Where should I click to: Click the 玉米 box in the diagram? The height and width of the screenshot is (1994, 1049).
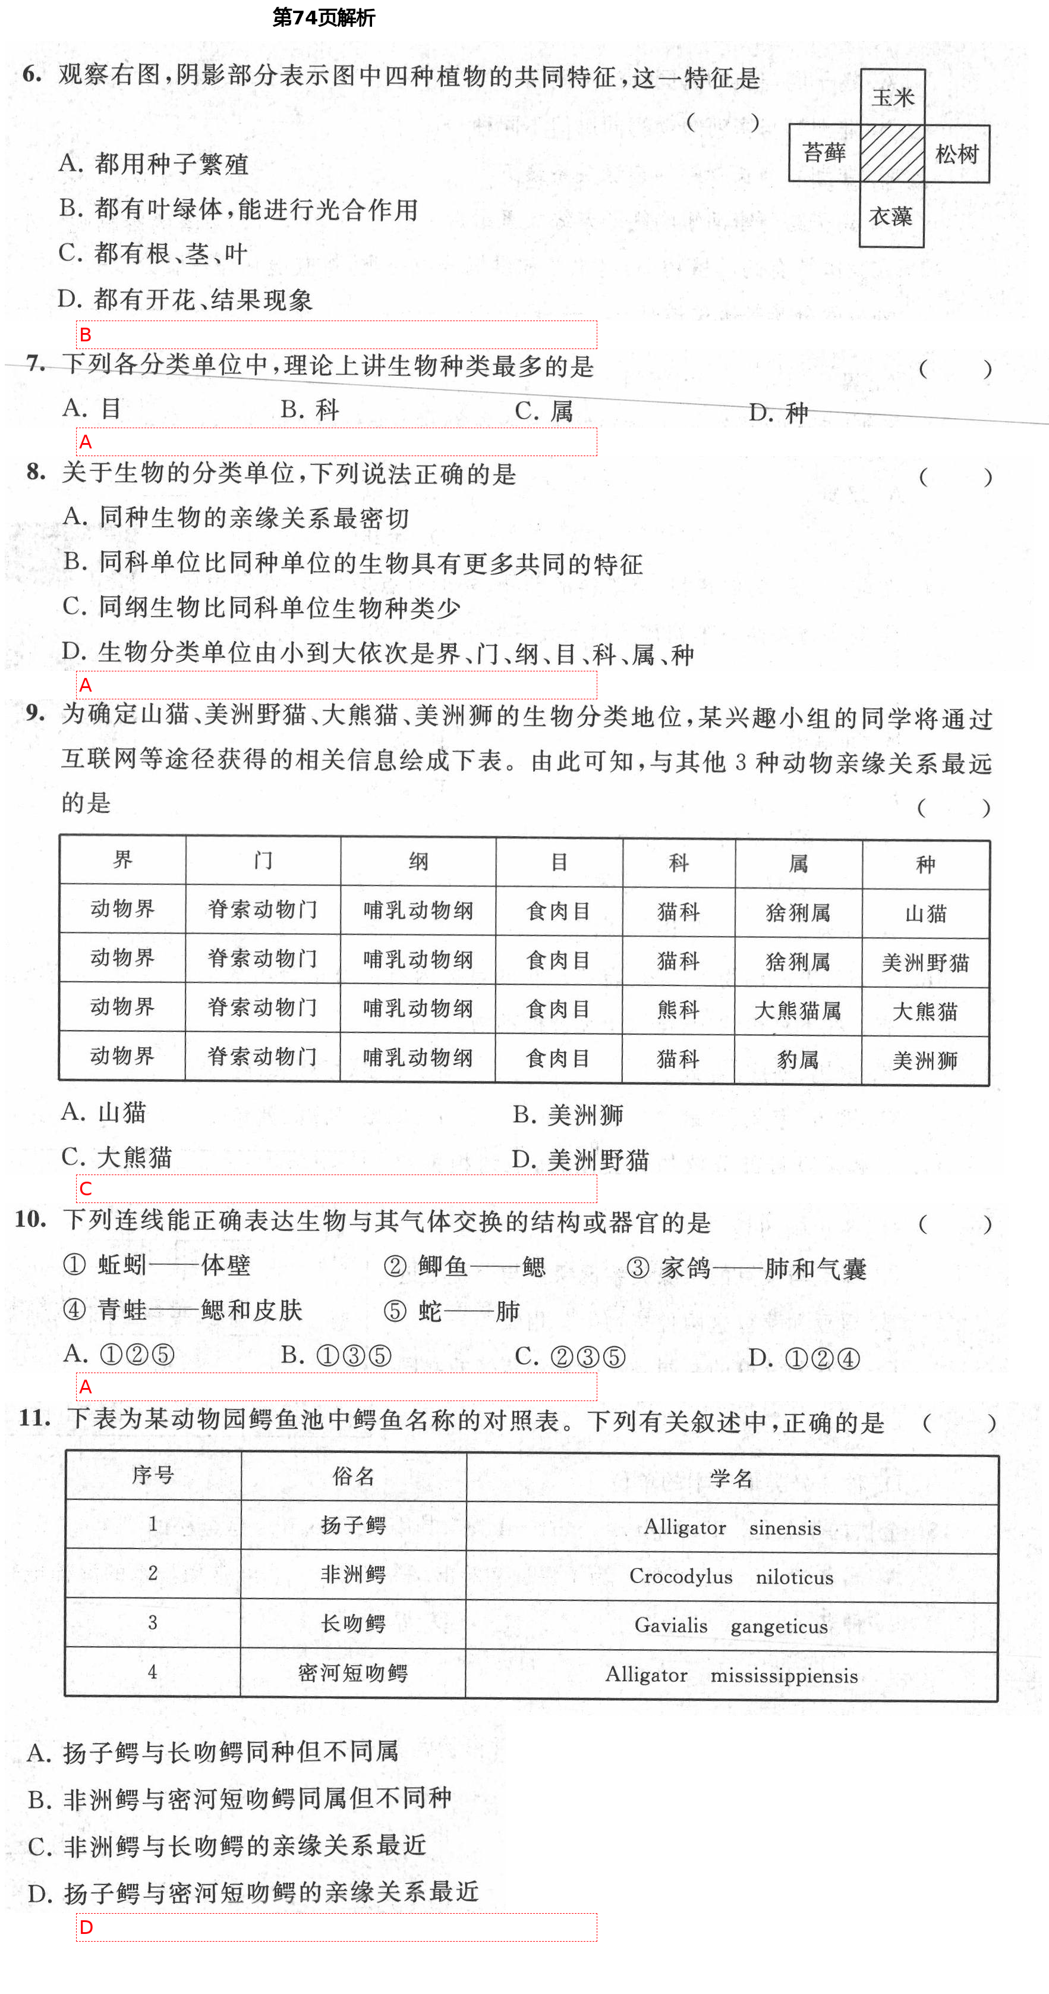pyautogui.click(x=893, y=98)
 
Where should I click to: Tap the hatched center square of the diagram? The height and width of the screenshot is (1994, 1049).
pyautogui.click(x=892, y=154)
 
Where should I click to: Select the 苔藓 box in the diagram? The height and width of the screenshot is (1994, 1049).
pyautogui.click(x=825, y=153)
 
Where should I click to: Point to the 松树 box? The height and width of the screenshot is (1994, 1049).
pyautogui.click(x=957, y=154)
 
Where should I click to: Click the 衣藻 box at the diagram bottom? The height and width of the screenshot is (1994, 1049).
pyautogui.click(x=891, y=216)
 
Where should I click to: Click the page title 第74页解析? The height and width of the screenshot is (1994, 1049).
pyautogui.click(x=323, y=18)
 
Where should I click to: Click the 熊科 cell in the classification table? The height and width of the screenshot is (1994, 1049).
pyautogui.click(x=679, y=1009)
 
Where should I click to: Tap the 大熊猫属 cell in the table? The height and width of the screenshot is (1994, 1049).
pyautogui.click(x=798, y=1010)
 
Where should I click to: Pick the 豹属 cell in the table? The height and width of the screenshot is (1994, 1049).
pyautogui.click(x=798, y=1059)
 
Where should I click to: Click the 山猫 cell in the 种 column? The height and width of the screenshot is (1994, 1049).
pyautogui.click(x=925, y=914)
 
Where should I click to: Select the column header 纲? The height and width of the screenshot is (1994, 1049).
pyautogui.click(x=418, y=862)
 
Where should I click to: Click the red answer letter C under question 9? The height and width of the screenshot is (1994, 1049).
pyautogui.click(x=86, y=1188)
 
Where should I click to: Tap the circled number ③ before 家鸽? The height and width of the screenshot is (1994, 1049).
pyautogui.click(x=638, y=1268)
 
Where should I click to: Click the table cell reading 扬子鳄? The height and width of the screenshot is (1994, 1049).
pyautogui.click(x=354, y=1525)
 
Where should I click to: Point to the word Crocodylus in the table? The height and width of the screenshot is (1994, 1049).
pyautogui.click(x=681, y=1576)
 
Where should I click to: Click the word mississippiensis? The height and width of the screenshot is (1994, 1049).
pyautogui.click(x=784, y=1675)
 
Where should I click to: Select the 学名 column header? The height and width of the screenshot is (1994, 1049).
pyautogui.click(x=731, y=1478)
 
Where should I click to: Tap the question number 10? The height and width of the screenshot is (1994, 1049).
pyautogui.click(x=31, y=1219)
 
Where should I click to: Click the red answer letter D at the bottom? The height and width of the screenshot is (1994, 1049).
pyautogui.click(x=86, y=1927)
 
